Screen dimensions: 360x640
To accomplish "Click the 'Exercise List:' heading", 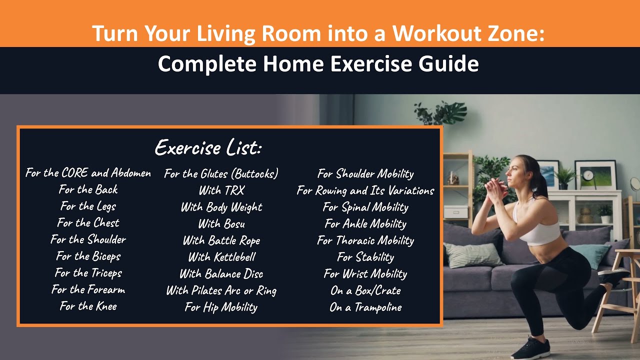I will (x=208, y=147).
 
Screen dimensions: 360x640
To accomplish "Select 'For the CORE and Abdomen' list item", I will (x=88, y=173).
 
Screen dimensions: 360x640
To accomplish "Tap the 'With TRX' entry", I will (x=221, y=190).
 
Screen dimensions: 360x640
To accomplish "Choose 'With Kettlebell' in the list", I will (x=221, y=257).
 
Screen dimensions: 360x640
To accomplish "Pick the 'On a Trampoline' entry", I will (x=365, y=307).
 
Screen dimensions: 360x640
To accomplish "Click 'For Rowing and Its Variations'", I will (x=365, y=190).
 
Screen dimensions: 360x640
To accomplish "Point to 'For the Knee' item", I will (x=88, y=306).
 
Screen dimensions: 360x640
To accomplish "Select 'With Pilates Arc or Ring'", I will (x=221, y=290).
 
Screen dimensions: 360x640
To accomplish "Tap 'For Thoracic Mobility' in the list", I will (x=365, y=240).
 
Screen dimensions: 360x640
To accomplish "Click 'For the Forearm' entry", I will (x=88, y=289).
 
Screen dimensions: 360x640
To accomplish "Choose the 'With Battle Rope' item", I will (x=221, y=240).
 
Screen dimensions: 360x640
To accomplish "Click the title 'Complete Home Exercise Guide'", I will (x=318, y=64).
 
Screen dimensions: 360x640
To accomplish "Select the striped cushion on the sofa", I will (x=472, y=255).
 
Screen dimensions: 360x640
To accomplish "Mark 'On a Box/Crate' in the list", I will (x=365, y=290).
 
